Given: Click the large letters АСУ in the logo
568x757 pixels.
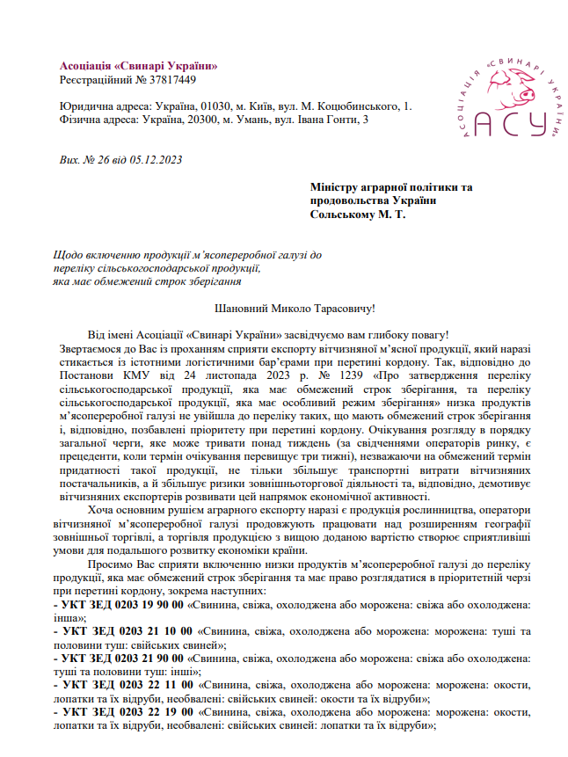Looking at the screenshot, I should coord(510,124).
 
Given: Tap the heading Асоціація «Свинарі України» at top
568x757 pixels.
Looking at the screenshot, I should coord(138,66).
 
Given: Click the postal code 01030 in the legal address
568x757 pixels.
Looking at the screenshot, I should coord(216,106).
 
